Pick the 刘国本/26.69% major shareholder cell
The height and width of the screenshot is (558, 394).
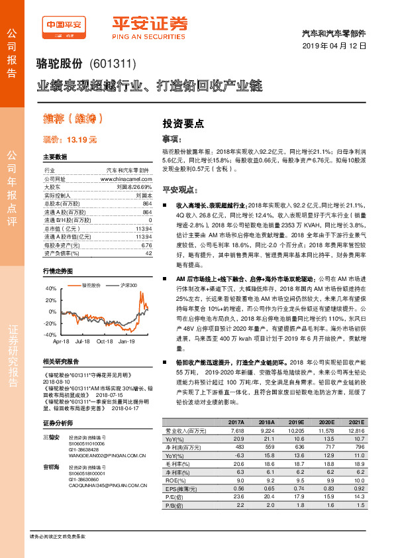coord(134,187)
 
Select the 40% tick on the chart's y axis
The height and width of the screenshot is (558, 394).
coord(50,290)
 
